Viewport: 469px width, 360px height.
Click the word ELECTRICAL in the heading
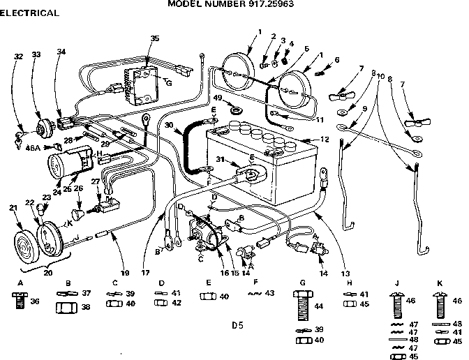coord(29,13)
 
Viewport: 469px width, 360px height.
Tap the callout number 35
coord(155,38)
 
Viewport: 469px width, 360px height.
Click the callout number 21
coord(12,208)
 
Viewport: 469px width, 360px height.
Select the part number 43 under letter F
coord(269,293)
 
